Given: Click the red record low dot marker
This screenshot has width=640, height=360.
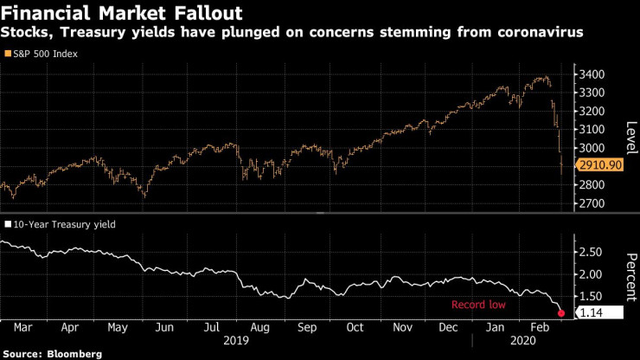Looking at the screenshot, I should pos(562,312).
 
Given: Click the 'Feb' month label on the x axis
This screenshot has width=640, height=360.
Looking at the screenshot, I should pos(541,329).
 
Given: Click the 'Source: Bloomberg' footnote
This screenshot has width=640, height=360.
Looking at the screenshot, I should pos(52,353).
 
